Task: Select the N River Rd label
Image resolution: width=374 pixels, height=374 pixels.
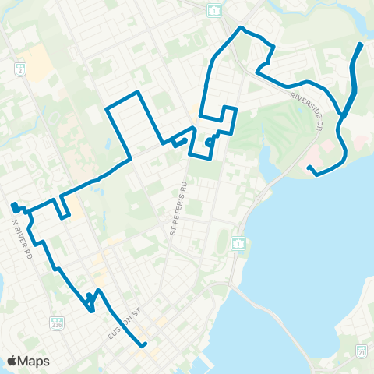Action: click(x=23, y=236)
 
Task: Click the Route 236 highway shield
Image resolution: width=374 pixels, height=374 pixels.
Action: click(x=56, y=322)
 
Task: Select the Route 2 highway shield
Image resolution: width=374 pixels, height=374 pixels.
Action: click(x=21, y=69)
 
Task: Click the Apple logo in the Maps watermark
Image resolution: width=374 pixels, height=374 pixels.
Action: click(x=12, y=362)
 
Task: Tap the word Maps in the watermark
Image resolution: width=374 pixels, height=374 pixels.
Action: click(x=34, y=362)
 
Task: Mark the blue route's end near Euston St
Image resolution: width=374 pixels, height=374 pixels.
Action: click(x=145, y=345)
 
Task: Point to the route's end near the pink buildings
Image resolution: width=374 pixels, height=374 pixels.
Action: click(x=309, y=168)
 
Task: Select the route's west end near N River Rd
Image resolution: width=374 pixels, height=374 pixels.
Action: click(x=13, y=206)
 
